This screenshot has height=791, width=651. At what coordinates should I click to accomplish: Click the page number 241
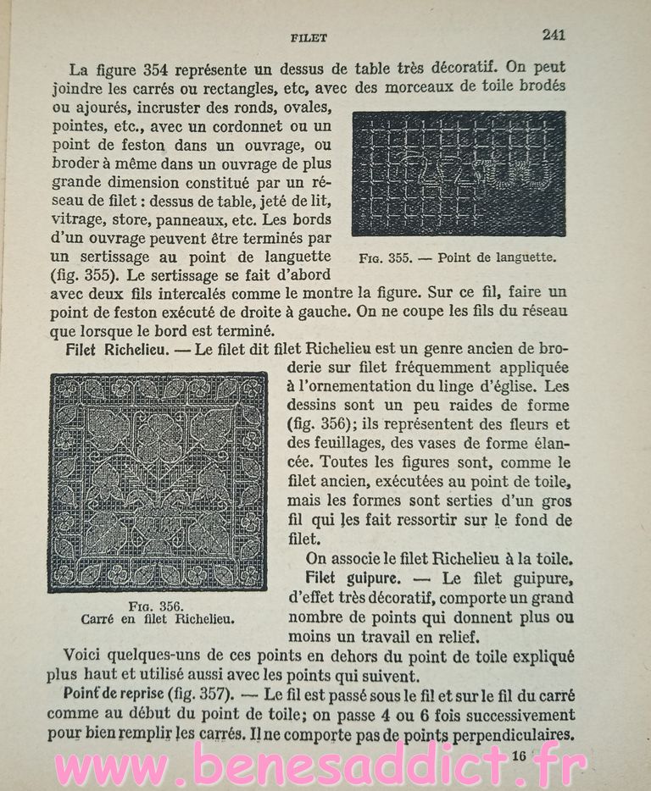(x=553, y=35)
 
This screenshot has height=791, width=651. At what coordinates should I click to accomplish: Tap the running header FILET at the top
(x=309, y=38)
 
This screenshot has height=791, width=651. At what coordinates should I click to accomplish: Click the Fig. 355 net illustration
(x=458, y=173)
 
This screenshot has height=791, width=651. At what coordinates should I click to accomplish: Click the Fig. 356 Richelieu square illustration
(x=158, y=482)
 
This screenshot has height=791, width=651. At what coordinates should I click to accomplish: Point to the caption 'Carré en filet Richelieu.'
(x=158, y=618)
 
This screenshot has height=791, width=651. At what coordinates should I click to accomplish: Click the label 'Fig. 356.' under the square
(x=158, y=605)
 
